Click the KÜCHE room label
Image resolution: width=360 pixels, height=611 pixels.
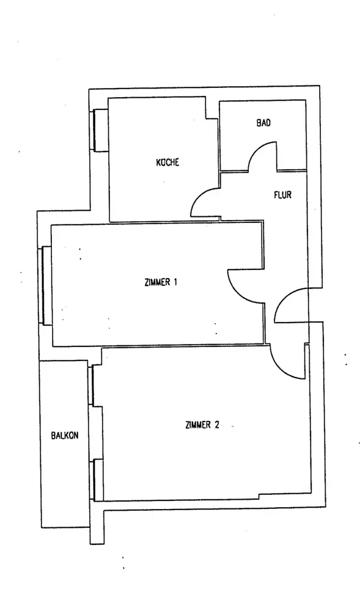(167, 162)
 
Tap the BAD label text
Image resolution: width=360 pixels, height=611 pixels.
(263, 123)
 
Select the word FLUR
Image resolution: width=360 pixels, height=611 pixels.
(282, 194)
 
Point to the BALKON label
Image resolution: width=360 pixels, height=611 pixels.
(65, 435)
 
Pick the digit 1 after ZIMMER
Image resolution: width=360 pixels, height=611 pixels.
(175, 282)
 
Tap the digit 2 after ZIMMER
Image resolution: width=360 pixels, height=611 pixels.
(216, 425)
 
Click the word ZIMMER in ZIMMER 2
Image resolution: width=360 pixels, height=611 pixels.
(199, 425)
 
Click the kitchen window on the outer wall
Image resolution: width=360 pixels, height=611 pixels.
(100, 130)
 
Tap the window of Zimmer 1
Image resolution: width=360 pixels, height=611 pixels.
(46, 285)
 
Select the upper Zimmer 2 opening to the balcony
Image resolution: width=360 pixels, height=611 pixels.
(91, 385)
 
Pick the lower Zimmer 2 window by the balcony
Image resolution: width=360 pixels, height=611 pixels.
(96, 480)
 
